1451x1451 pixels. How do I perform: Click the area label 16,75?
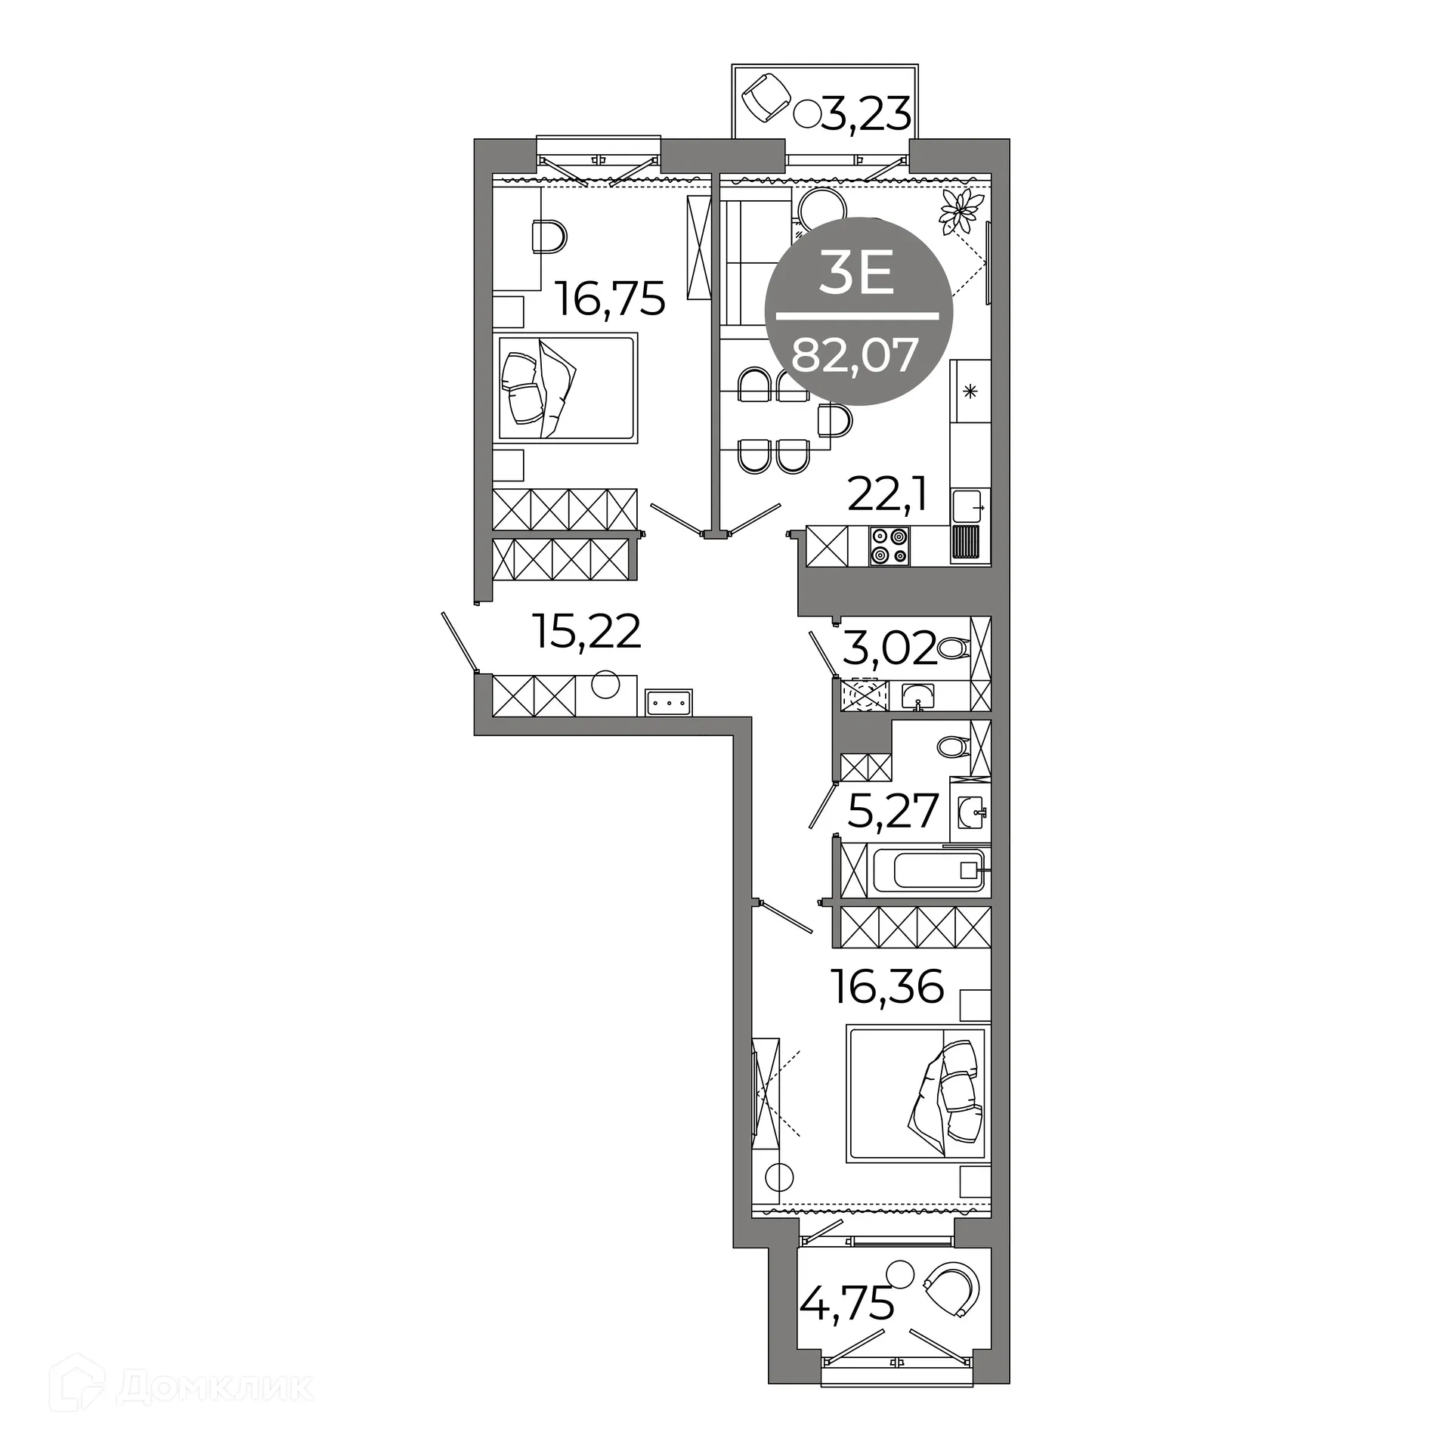pyautogui.click(x=611, y=299)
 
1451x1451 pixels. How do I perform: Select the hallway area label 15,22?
pyautogui.click(x=586, y=631)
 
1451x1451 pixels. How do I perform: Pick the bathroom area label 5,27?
pyautogui.click(x=893, y=811)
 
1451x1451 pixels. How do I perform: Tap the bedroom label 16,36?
pyautogui.click(x=887, y=986)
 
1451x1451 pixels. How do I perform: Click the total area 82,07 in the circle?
pyautogui.click(x=855, y=355)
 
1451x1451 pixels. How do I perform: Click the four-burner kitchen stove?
pyautogui.click(x=889, y=546)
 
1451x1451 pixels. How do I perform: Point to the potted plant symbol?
pyautogui.click(x=962, y=209)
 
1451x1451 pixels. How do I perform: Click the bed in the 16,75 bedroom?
pyautogui.click(x=568, y=388)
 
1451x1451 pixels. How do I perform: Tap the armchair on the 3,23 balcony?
pyautogui.click(x=766, y=100)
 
